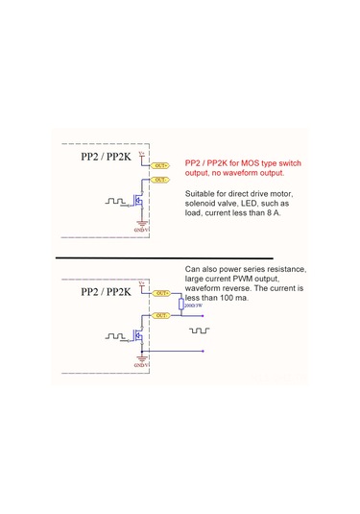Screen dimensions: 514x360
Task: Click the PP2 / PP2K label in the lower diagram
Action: click(x=106, y=290)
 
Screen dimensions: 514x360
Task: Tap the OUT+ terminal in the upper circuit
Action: click(x=160, y=165)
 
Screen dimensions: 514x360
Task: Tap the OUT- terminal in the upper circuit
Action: click(x=160, y=179)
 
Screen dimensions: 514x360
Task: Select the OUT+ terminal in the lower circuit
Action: click(x=160, y=291)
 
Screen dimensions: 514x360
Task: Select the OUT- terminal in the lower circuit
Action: click(x=160, y=313)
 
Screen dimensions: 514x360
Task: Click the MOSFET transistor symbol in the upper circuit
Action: click(x=139, y=203)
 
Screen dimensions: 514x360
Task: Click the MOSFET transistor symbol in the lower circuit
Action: click(x=139, y=337)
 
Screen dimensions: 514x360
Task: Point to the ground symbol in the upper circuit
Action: click(x=141, y=224)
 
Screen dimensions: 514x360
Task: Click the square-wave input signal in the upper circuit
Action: click(x=115, y=203)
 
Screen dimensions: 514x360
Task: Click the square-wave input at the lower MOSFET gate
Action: click(x=115, y=336)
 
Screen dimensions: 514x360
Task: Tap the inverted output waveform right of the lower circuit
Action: click(x=199, y=330)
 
